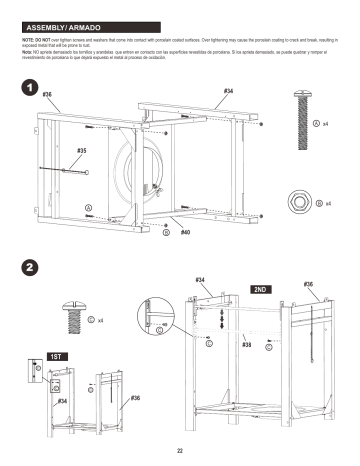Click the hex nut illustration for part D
coord(297,203)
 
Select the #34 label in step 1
coord(229,91)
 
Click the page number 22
coord(180,452)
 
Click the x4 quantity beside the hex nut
coord(327,203)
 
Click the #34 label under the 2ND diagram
coord(200,279)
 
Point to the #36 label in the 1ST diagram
coord(135,397)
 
